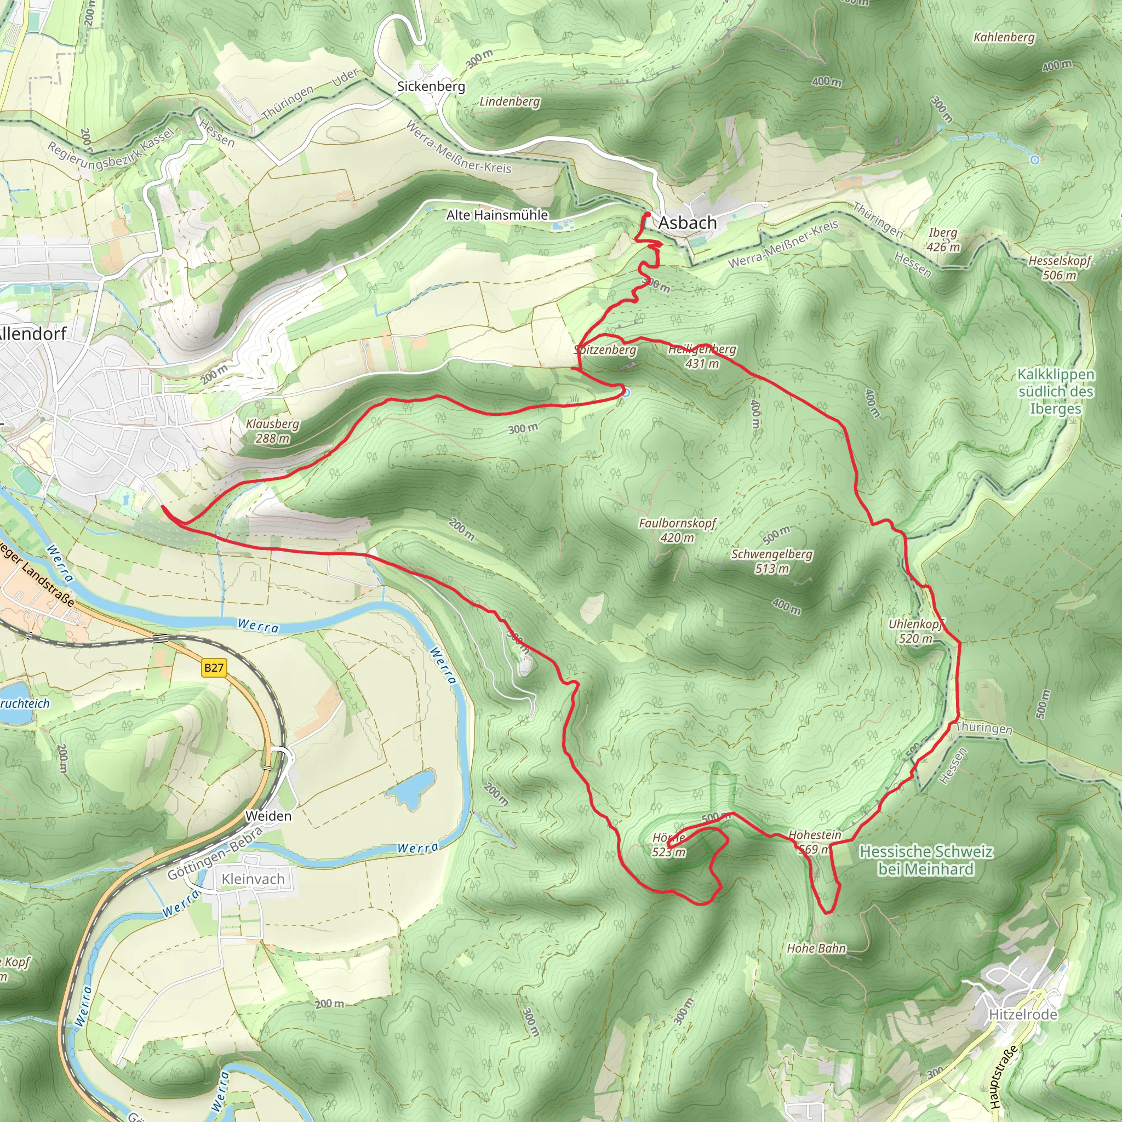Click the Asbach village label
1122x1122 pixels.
[x=688, y=223]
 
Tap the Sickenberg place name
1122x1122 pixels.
[x=431, y=87]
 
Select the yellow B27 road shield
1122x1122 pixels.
[x=214, y=668]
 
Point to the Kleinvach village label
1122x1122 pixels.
[x=253, y=879]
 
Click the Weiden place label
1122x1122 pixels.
[x=268, y=816]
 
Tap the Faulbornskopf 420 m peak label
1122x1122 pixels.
[x=677, y=530]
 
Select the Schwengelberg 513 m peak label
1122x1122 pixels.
[x=772, y=561]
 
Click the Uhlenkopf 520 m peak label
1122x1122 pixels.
[x=916, y=631]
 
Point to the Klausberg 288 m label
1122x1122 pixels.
[x=272, y=431]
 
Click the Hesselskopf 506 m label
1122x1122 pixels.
[x=1060, y=268]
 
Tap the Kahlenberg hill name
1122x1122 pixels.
[x=1004, y=38]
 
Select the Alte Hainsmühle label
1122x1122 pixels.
[x=497, y=215]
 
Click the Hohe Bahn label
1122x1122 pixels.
[x=816, y=948]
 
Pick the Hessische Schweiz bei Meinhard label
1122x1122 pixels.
[x=926, y=860]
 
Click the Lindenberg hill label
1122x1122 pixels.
[x=510, y=102]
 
